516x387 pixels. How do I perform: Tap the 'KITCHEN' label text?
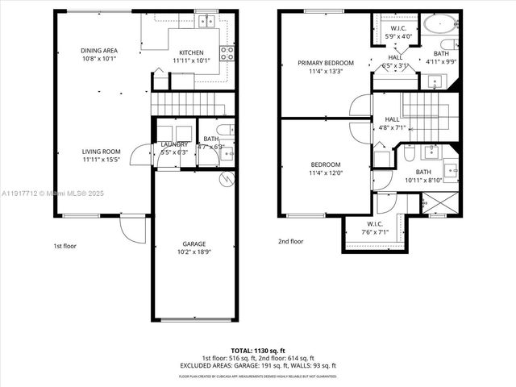click(190, 51)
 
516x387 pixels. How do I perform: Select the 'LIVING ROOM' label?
click(101, 151)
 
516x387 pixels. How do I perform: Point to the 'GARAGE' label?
click(193, 243)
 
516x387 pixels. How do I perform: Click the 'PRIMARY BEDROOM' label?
click(325, 62)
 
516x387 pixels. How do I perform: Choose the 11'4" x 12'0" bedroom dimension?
click(326, 173)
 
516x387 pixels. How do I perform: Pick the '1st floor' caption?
click(64, 245)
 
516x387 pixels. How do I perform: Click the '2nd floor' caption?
click(290, 240)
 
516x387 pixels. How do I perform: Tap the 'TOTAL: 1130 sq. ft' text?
click(257, 349)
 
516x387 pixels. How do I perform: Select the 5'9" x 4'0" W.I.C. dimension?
click(397, 36)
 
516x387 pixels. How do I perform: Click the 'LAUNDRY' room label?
click(175, 144)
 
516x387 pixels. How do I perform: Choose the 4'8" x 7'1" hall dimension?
click(391, 127)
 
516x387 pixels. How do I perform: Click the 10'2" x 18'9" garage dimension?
click(193, 252)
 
